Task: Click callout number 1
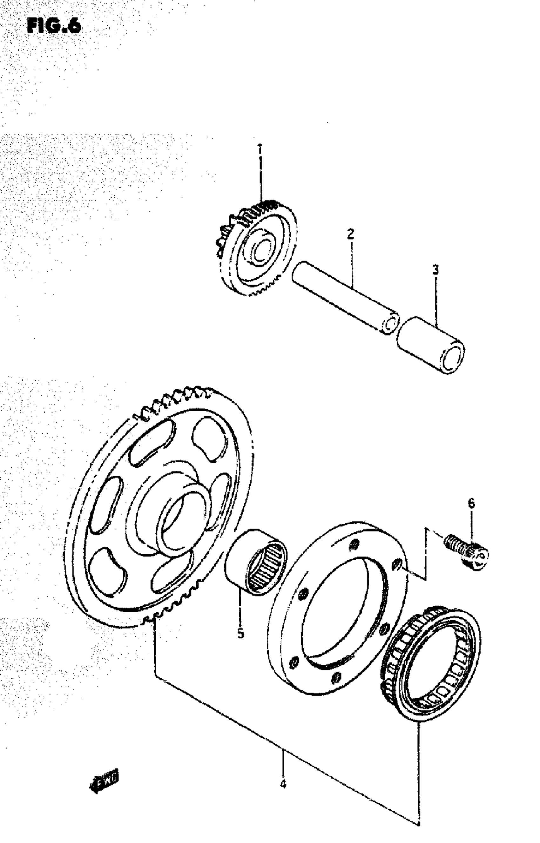(260, 149)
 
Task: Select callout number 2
(351, 234)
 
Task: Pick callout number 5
(240, 634)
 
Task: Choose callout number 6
(471, 504)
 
